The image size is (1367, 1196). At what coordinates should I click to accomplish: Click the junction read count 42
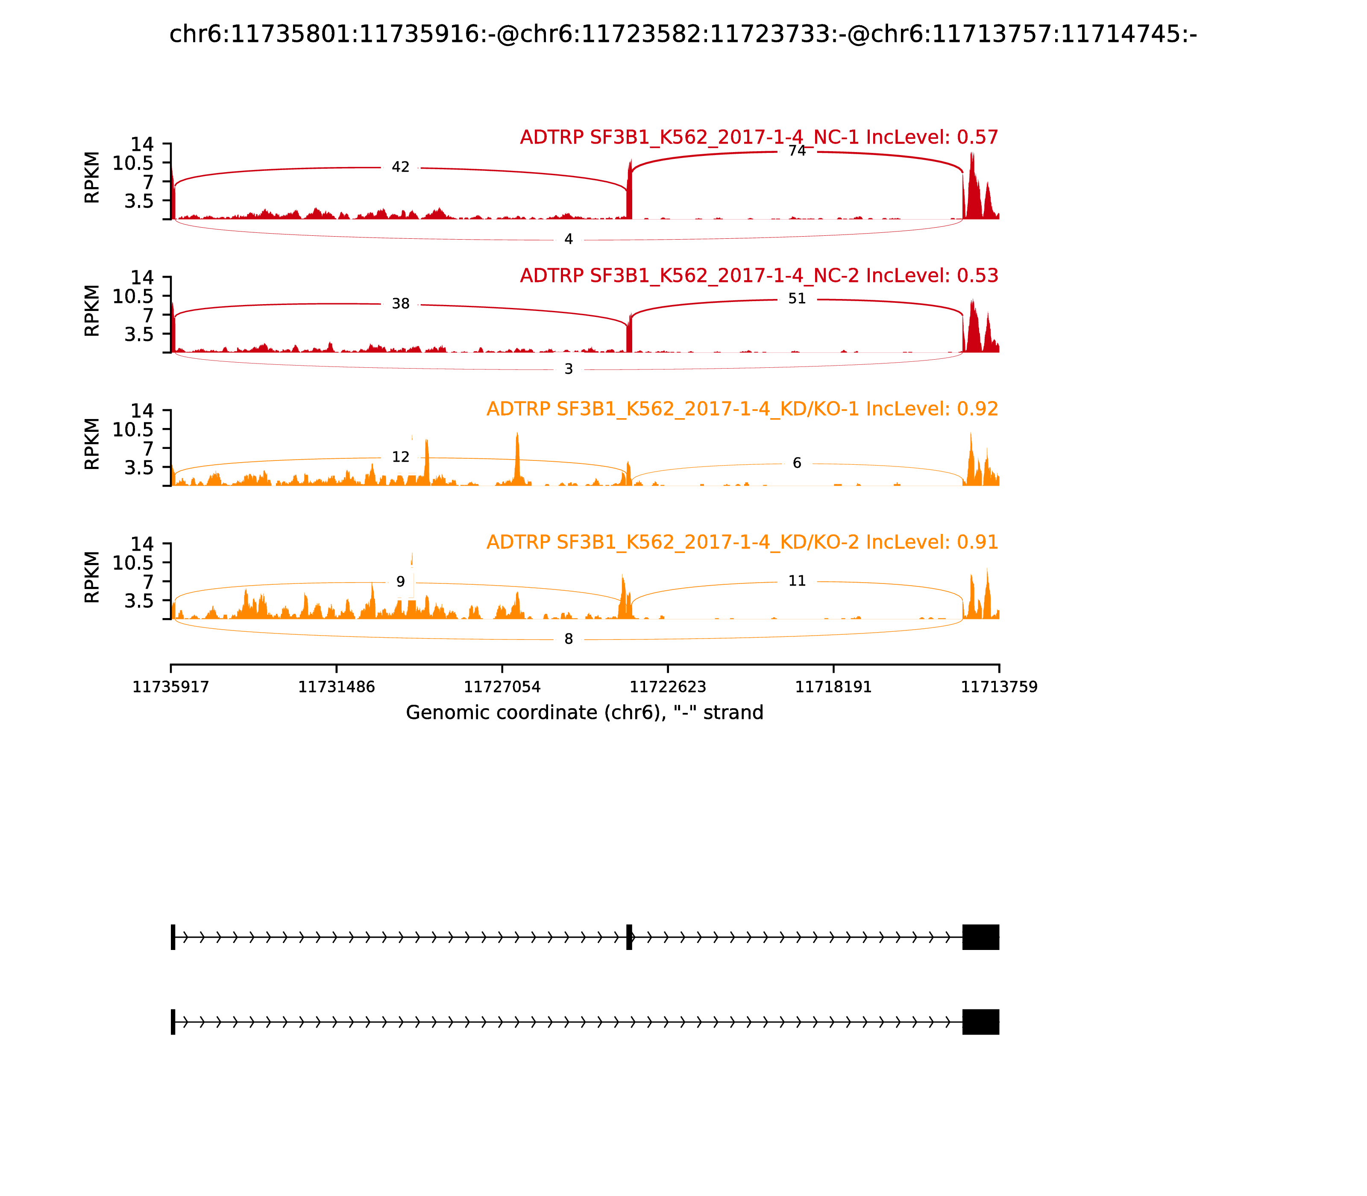pyautogui.click(x=401, y=167)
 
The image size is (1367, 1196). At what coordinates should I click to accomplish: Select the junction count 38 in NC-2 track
pyautogui.click(x=401, y=304)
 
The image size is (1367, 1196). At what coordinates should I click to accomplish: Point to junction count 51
pyautogui.click(x=797, y=299)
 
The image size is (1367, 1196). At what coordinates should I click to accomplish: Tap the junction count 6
pyautogui.click(x=797, y=463)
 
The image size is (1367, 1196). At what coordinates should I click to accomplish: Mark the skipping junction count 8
pyautogui.click(x=569, y=639)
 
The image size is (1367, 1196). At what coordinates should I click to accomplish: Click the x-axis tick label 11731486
pyautogui.click(x=337, y=687)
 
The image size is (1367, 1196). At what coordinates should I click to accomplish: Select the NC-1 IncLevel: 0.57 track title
pyautogui.click(x=759, y=138)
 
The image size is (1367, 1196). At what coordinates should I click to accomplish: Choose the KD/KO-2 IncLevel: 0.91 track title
pyautogui.click(x=742, y=542)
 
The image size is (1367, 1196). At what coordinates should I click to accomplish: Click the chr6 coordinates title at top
pyautogui.click(x=683, y=35)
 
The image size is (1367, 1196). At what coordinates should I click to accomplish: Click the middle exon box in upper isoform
pyautogui.click(x=629, y=937)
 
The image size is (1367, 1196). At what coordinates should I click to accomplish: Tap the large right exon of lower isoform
pyautogui.click(x=980, y=1022)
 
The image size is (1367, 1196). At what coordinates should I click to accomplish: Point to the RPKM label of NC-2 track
pyautogui.click(x=92, y=311)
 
